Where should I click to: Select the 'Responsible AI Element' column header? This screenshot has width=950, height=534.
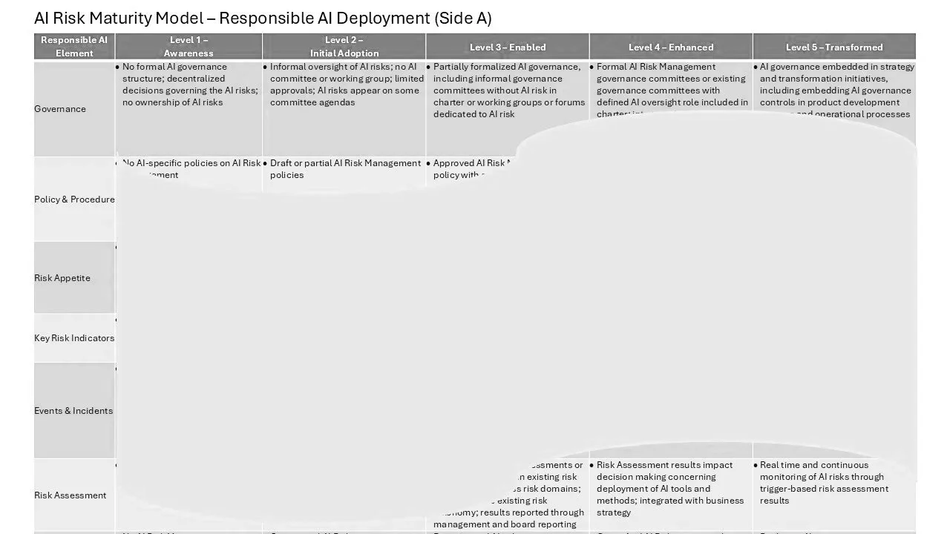[74, 47]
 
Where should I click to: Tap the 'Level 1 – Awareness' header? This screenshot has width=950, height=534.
[189, 47]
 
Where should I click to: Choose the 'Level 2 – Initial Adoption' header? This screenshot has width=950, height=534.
[344, 47]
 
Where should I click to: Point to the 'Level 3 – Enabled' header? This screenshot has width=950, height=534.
[508, 47]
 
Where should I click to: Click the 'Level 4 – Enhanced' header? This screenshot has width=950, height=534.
[671, 47]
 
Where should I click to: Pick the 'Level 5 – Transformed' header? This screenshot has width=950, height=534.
[834, 47]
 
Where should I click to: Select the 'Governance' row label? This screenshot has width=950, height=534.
[60, 109]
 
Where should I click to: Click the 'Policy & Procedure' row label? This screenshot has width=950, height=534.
[74, 200]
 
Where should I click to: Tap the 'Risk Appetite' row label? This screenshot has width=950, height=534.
[62, 278]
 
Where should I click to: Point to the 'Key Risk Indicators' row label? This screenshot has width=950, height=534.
[74, 338]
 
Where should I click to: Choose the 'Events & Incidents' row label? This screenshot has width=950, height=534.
[73, 411]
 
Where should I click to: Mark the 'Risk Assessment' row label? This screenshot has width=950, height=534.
[71, 495]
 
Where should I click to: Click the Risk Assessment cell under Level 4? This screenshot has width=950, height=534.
[670, 489]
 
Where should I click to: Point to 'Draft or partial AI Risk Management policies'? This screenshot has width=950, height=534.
[345, 169]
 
